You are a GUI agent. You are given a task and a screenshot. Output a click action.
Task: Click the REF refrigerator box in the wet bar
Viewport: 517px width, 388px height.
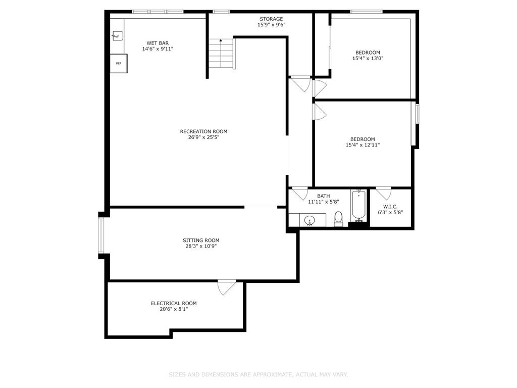(x=119, y=64)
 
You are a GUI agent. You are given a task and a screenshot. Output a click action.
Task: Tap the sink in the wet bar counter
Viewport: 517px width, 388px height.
(x=118, y=36)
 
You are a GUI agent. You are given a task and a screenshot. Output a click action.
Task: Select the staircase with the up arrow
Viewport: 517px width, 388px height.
(x=221, y=54)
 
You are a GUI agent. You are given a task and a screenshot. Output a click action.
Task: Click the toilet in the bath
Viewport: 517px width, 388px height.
(x=338, y=218)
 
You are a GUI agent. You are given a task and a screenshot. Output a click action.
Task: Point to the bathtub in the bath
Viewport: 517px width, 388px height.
(x=358, y=206)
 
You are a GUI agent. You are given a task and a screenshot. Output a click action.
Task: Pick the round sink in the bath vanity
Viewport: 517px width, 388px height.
(x=310, y=220)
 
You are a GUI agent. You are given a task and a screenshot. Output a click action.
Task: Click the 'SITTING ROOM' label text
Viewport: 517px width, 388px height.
(x=201, y=240)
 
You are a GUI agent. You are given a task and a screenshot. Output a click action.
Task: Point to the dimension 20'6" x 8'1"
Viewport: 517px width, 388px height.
(x=174, y=309)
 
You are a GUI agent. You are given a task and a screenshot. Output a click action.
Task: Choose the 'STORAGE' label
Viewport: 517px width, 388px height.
(x=271, y=19)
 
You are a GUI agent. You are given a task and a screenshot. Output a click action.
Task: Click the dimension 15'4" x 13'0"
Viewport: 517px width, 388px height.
(x=368, y=59)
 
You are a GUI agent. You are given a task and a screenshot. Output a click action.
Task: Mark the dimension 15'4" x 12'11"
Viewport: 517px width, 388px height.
(x=363, y=145)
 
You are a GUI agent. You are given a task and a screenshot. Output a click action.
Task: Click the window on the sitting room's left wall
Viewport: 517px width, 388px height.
(x=101, y=235)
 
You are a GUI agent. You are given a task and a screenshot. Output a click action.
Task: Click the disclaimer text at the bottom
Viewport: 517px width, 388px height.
(x=258, y=374)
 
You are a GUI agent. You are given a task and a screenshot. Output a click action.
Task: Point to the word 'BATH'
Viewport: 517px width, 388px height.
(x=323, y=196)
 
